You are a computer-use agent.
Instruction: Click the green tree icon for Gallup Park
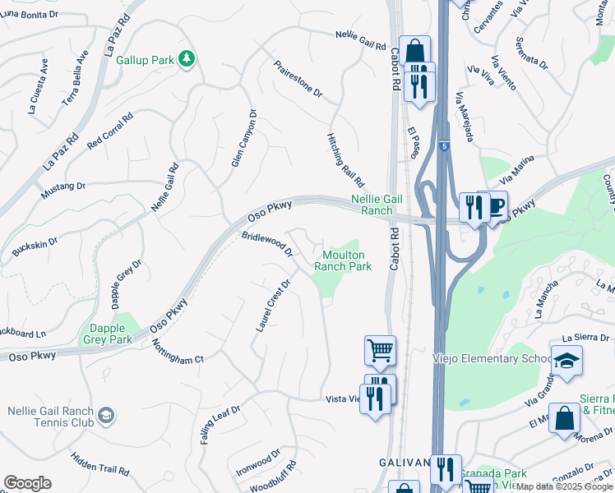pos(187,58)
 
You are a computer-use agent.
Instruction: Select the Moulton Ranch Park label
pos(343,261)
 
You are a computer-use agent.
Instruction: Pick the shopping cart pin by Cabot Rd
pos(380,350)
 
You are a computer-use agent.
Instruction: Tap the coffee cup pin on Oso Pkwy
pos(496,206)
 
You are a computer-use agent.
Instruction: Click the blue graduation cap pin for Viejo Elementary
pos(566,361)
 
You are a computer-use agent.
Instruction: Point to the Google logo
pos(27,483)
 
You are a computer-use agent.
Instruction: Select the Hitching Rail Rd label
pos(345,159)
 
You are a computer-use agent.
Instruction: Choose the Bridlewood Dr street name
pos(267,244)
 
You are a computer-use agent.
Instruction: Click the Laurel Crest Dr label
pos(274,306)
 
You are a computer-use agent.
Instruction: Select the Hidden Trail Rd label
pos(99,464)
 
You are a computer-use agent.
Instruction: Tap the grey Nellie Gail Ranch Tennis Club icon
pos(105,417)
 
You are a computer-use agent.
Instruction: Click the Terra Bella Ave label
pos(75,78)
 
